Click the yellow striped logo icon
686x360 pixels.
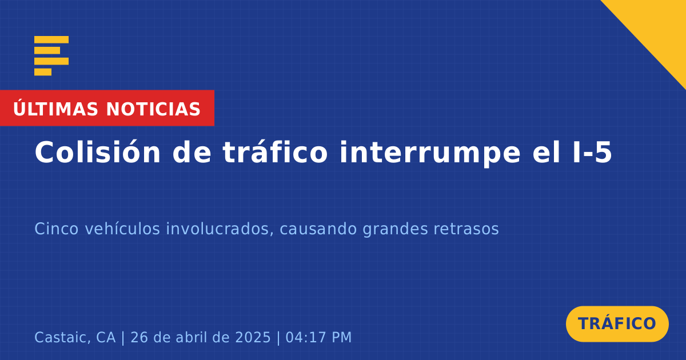pos(51,56)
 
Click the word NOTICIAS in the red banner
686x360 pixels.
pos(153,109)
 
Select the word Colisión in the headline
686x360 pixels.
pos(97,152)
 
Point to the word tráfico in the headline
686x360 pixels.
pos(275,152)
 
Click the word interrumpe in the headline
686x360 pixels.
pos(430,153)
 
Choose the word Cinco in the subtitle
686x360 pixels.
pos(57,229)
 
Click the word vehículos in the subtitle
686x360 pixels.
pos(122,229)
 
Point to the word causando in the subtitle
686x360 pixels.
pos(318,229)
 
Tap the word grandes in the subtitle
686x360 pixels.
pos(395,230)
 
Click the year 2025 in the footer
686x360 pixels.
pos(253,337)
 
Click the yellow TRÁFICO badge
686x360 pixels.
pos(617,324)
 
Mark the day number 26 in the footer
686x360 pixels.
pos(139,337)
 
